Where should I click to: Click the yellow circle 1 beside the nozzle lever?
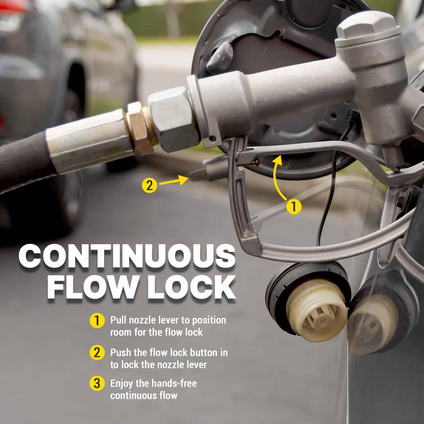294,207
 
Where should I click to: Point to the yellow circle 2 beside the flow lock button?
150,185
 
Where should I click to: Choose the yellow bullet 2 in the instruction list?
97,353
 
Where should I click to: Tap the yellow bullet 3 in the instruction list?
97,384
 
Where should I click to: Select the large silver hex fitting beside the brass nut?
172,119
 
